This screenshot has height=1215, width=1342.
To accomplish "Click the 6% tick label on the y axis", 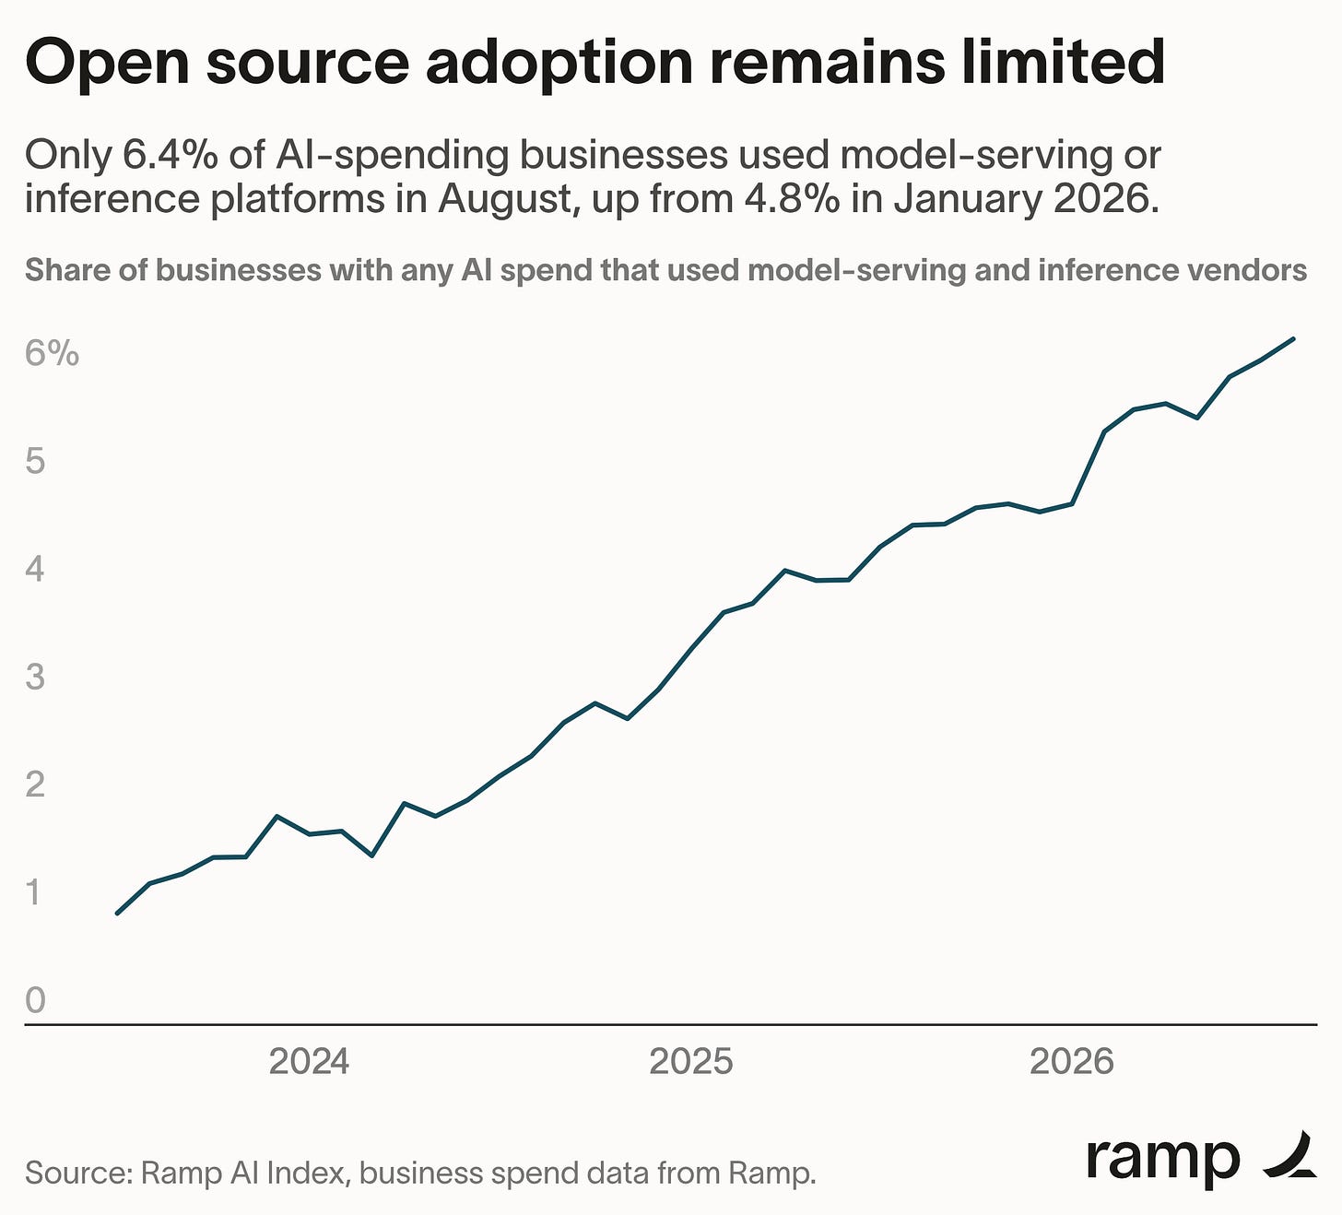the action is (52, 352).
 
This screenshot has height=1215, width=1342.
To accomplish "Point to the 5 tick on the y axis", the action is (35, 461).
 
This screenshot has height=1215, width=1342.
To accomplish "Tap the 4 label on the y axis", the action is (35, 569).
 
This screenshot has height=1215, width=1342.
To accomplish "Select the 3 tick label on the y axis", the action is (35, 676).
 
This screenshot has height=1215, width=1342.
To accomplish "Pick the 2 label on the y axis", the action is (35, 784).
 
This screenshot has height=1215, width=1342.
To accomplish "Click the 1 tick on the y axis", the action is (32, 891).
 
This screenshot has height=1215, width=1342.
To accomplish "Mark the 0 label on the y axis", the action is (35, 1000).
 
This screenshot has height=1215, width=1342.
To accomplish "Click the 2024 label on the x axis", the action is (309, 1062).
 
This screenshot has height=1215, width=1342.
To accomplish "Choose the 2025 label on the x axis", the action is (691, 1062).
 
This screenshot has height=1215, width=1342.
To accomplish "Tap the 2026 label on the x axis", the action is (1072, 1062).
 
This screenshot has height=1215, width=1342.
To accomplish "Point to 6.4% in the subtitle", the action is (170, 155).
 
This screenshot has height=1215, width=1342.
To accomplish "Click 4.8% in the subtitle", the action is (792, 199).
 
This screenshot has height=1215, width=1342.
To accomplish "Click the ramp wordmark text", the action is (1162, 1160).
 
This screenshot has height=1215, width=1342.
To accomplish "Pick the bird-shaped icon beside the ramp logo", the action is (1289, 1155).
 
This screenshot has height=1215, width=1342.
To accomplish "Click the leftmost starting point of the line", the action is (117, 913).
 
